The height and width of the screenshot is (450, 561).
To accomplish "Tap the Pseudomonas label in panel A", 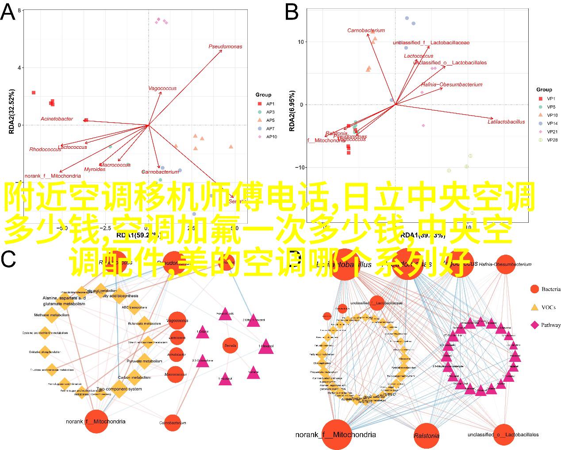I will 225,47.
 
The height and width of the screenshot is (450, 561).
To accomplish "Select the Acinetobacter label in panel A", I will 57,119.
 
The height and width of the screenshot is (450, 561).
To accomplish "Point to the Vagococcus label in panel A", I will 162,89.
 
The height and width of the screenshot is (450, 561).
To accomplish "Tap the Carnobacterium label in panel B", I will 365,31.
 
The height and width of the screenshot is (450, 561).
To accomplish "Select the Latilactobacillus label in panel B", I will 506,122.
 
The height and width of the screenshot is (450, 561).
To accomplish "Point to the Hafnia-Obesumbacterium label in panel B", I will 451,85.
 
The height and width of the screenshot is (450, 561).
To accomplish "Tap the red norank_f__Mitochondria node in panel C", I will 96,421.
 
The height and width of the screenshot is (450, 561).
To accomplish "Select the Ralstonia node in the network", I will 427,435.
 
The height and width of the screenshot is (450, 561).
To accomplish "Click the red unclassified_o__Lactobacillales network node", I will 503,434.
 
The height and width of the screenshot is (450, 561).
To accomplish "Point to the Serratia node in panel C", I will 231,345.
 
